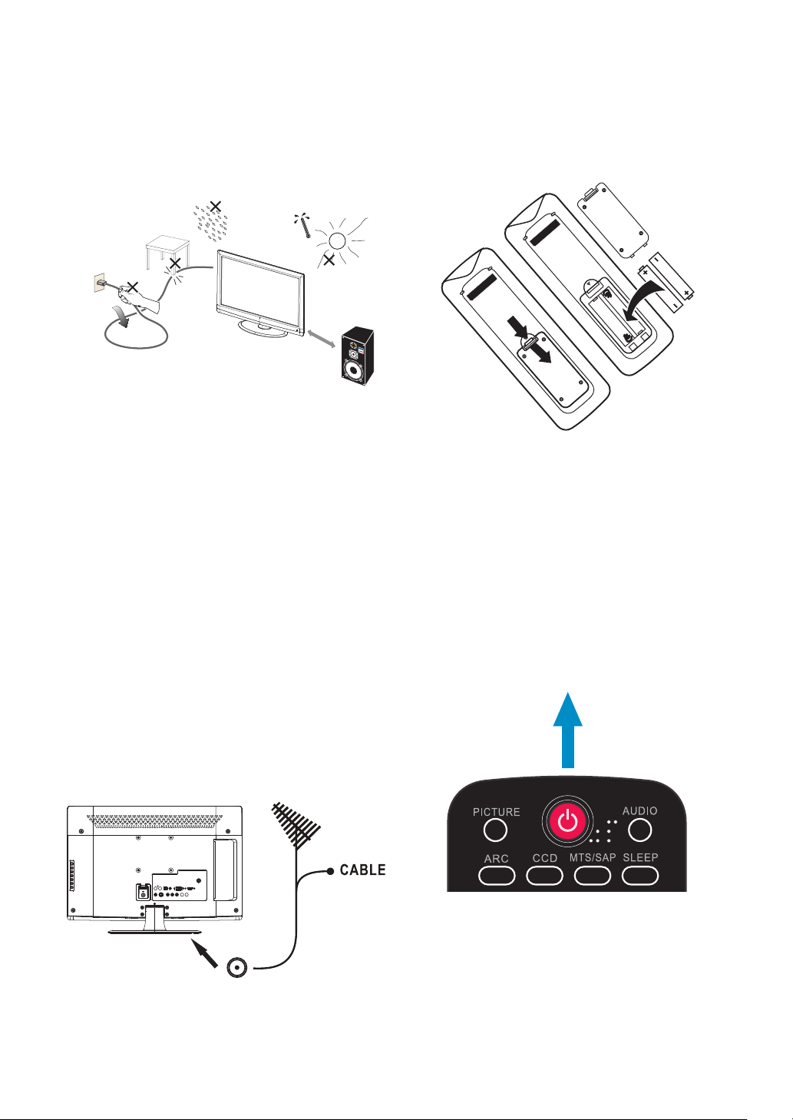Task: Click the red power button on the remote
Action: tap(567, 823)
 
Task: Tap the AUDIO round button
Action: tap(639, 830)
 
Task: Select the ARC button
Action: tap(496, 875)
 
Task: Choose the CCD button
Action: tap(545, 875)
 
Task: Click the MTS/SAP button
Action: tap(593, 875)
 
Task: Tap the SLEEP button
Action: tap(640, 875)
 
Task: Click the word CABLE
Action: tap(362, 870)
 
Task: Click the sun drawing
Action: tap(336, 239)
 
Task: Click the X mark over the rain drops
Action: tap(216, 206)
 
